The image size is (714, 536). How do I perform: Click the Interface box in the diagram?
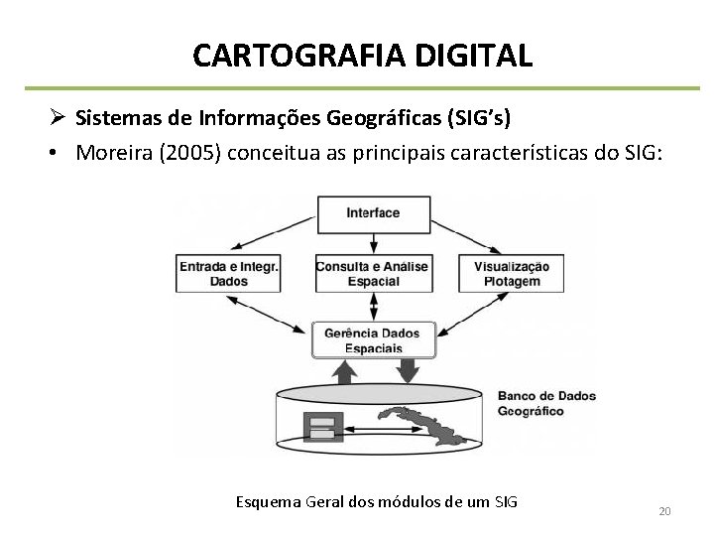click(373, 212)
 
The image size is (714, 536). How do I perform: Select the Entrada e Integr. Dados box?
click(229, 273)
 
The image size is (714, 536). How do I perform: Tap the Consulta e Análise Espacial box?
click(372, 273)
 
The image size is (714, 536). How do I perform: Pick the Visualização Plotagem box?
click(513, 273)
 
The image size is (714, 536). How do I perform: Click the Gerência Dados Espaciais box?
click(373, 340)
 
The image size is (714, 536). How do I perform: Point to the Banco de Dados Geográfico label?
click(546, 401)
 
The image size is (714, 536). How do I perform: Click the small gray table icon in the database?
click(322, 426)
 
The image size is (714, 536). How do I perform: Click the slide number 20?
click(664, 511)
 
